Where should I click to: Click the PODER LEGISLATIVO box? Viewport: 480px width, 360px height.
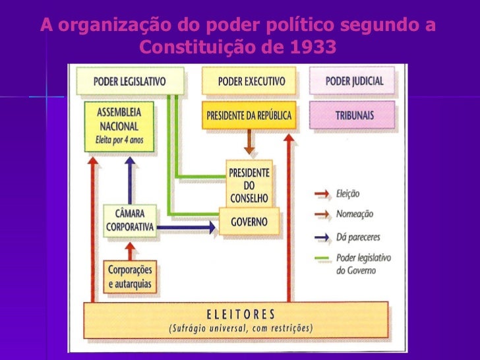[129, 82]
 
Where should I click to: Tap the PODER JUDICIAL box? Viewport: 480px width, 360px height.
[354, 82]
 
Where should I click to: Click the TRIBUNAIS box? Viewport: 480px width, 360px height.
[354, 115]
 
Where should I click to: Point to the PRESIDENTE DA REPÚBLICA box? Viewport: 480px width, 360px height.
[249, 115]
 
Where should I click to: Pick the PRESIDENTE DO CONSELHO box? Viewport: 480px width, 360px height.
[249, 181]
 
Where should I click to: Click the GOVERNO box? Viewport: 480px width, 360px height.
[249, 222]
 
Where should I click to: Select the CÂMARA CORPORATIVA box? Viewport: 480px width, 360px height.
[130, 220]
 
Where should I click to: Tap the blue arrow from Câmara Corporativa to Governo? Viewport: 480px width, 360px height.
[187, 227]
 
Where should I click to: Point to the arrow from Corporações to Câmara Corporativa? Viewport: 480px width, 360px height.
[131, 251]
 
